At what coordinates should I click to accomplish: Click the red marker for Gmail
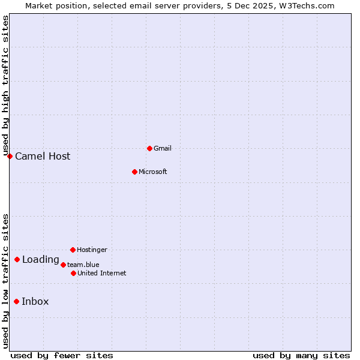pos(149,148)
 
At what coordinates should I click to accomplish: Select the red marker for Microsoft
pos(134,172)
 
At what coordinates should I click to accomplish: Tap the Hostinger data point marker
pos(73,250)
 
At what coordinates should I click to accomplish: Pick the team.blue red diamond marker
pos(63,265)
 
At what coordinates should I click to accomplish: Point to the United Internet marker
pos(73,273)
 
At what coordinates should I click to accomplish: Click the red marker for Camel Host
pos(10,156)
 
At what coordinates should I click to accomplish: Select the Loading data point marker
pos(17,260)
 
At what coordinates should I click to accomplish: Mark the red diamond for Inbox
pos(16,301)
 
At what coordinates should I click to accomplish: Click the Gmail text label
pos(163,148)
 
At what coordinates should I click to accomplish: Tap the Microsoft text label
pos(152,172)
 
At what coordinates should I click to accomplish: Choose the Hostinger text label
pos(92,250)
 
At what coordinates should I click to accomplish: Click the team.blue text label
pos(83,265)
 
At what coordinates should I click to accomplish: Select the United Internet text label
pos(101,273)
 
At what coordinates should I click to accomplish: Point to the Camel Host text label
pos(43,157)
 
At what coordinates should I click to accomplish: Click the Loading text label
pos(40,260)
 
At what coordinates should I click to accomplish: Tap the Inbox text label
pos(35,302)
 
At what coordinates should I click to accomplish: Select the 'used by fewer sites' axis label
pos(62,355)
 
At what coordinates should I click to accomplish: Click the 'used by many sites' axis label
pos(301,355)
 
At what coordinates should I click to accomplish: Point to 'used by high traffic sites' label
pos(5,86)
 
